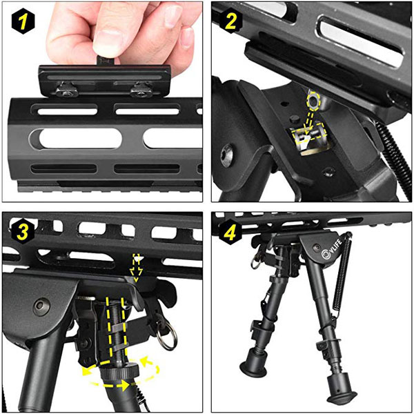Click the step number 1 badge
23,22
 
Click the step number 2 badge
230,21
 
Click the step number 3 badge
23,233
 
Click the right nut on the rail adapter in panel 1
141,89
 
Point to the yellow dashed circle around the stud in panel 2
313,101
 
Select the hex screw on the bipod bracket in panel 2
227,155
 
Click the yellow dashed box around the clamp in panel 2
310,135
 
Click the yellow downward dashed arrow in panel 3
137,268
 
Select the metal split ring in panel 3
166,335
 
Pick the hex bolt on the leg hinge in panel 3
41,307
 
